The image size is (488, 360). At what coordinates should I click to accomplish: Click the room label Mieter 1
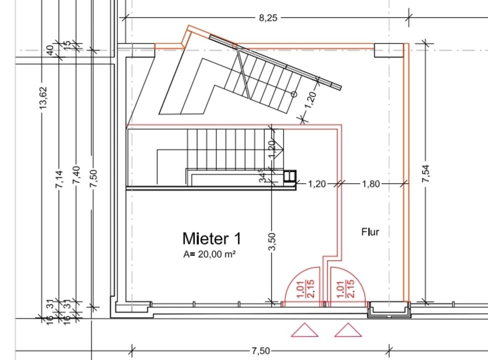pos(212,238)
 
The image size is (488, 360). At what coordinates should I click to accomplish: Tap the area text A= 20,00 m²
pos(209,254)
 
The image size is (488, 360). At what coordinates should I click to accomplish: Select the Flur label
pos(370,232)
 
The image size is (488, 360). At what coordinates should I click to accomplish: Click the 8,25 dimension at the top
pos(268,18)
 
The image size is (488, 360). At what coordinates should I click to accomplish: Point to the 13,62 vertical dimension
pos(43,98)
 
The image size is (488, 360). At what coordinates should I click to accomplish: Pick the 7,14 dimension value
pos(59,179)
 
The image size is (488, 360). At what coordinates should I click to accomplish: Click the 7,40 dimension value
pos(76,175)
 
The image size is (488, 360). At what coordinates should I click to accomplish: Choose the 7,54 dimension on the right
pos(425,173)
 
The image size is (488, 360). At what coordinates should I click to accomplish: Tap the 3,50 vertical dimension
pos(272,242)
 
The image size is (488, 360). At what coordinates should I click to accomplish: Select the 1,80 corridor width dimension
pos(371,184)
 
